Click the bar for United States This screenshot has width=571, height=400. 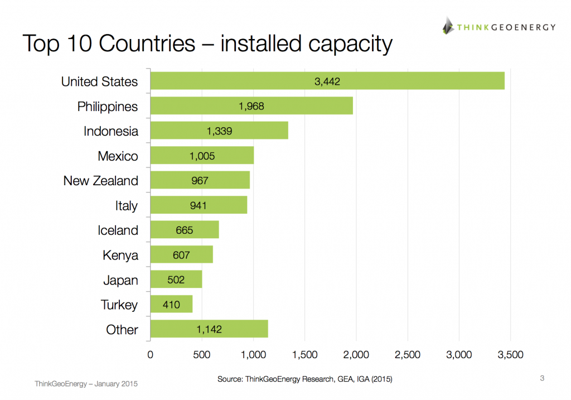327,81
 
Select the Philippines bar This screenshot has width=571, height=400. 251,105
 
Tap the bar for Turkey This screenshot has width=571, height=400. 171,304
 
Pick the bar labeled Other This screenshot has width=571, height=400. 209,329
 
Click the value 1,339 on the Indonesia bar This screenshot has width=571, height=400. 219,131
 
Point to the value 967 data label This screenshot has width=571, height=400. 199,181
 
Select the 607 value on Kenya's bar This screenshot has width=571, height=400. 181,255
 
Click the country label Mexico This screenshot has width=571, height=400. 118,156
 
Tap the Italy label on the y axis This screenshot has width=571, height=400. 127,206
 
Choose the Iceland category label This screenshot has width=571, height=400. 118,230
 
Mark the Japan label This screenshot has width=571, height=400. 120,280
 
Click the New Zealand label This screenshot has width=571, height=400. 100,181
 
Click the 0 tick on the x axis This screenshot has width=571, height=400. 150,355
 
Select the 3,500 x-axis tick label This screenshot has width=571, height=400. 510,355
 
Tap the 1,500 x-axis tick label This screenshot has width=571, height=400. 304,355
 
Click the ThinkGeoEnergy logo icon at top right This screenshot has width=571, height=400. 448,26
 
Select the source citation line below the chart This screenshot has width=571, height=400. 304,379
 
